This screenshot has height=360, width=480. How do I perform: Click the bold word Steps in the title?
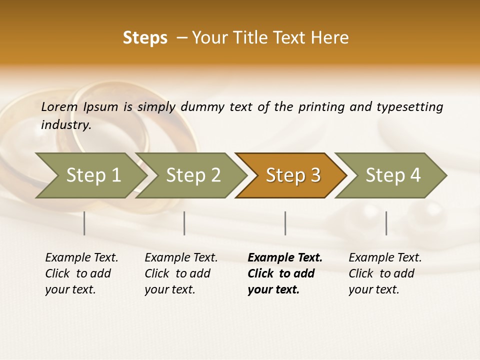click(145, 38)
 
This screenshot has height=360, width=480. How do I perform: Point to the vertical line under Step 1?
click(84, 223)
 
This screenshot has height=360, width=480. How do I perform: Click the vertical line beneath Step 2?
click(184, 223)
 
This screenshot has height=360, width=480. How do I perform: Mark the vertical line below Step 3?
click(285, 223)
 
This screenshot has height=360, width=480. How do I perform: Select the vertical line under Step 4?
click(386, 223)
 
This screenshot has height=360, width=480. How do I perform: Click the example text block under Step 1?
click(81, 273)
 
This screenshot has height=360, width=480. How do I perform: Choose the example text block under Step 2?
click(181, 273)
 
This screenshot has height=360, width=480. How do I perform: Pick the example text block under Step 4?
click(385, 273)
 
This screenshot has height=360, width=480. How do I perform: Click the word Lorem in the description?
click(59, 106)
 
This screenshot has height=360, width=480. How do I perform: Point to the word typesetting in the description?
click(409, 106)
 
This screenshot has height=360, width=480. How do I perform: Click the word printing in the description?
click(319, 106)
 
